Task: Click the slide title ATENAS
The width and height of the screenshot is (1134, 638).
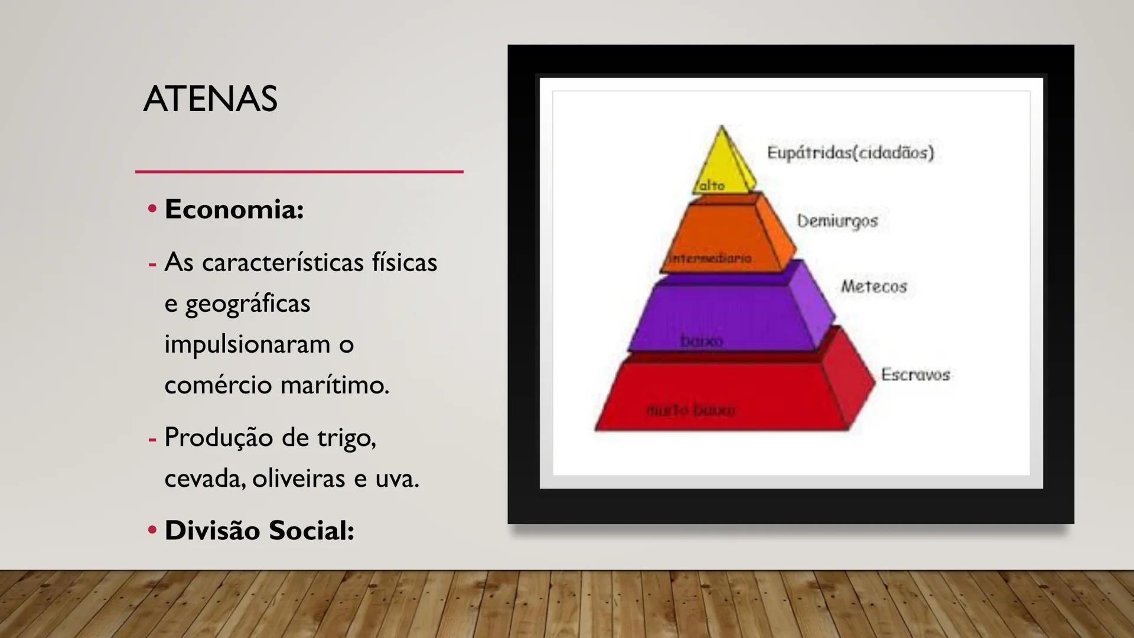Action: tap(210, 99)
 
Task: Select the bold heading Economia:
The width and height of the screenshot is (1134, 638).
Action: tap(234, 209)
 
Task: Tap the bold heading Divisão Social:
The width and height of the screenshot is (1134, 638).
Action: tap(259, 530)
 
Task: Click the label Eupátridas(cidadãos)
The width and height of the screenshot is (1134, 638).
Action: tap(850, 152)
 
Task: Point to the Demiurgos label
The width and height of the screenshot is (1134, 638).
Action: tap(837, 221)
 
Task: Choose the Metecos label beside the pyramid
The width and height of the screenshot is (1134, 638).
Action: tap(874, 287)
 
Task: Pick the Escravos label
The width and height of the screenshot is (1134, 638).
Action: tap(915, 375)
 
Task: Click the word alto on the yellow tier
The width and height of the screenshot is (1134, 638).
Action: tap(712, 186)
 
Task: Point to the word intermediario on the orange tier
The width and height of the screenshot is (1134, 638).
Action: tap(711, 258)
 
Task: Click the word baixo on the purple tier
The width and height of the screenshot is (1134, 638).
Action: tap(702, 341)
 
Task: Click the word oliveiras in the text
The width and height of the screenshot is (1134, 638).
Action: tap(299, 479)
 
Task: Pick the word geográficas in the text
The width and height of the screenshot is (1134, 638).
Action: tap(247, 304)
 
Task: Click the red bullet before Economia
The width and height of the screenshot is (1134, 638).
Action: tap(152, 209)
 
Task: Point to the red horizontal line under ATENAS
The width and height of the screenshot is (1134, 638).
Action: tap(299, 172)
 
